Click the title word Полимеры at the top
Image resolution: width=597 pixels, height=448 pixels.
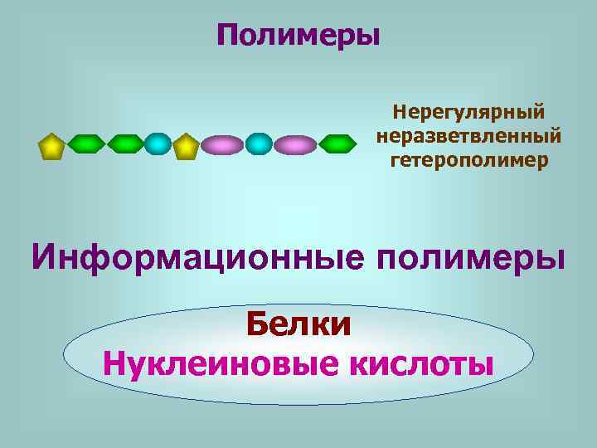[x=298, y=36]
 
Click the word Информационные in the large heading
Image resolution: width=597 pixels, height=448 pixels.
[x=198, y=256]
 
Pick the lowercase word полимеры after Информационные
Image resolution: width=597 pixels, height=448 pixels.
[x=470, y=256]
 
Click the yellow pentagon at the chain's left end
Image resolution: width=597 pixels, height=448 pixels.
[x=51, y=146]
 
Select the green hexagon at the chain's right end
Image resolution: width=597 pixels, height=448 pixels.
[x=337, y=144]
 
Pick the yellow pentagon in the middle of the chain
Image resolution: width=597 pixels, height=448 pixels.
[x=186, y=146]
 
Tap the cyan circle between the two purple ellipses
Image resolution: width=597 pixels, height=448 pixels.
[x=259, y=144]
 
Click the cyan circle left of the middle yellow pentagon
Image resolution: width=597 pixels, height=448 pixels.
[x=157, y=144]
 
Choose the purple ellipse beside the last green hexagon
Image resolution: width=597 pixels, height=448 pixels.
[x=295, y=145]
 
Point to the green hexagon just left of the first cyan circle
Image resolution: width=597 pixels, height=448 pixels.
[x=125, y=144]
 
